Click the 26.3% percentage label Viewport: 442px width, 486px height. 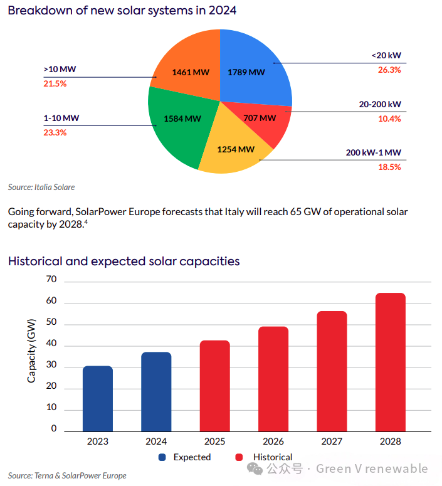coord(389,70)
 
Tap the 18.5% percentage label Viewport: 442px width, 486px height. coord(389,167)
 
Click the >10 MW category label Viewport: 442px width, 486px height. coord(55,69)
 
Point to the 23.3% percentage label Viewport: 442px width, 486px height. coord(55,132)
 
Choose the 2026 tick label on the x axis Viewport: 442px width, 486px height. coord(273,441)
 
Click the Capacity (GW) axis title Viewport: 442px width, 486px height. coord(31,351)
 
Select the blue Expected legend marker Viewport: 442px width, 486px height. coord(162,457)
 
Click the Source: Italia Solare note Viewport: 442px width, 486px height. coord(41,187)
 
